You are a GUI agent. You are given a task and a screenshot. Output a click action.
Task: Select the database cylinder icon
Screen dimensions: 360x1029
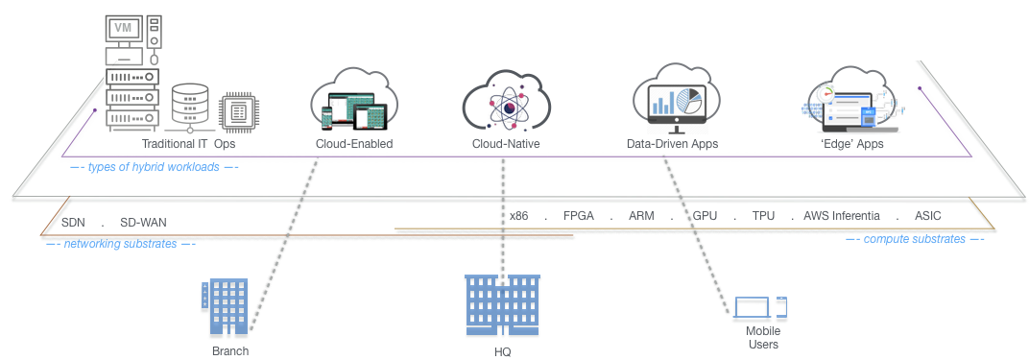(x=190, y=108)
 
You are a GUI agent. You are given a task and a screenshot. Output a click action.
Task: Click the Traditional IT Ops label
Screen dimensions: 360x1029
(x=189, y=144)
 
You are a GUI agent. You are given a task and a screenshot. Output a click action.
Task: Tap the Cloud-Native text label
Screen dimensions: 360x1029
(x=506, y=144)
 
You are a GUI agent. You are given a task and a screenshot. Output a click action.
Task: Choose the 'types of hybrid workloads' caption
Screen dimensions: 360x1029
(x=155, y=168)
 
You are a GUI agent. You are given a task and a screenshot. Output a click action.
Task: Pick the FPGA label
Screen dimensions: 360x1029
(x=578, y=216)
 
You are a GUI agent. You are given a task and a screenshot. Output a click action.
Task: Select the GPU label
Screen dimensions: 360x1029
(x=706, y=216)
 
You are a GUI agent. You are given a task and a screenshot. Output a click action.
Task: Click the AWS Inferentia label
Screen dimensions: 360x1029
(x=842, y=216)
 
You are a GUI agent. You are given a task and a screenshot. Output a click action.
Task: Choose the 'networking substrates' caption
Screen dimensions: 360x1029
(x=120, y=245)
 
